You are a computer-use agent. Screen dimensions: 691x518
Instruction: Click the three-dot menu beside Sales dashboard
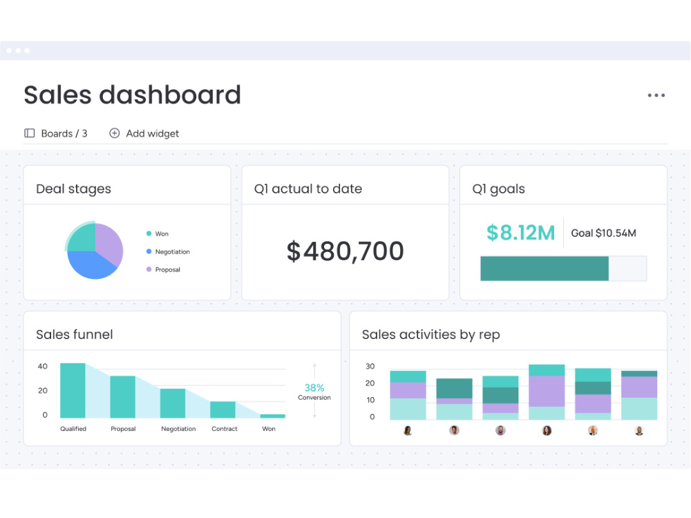[x=656, y=95]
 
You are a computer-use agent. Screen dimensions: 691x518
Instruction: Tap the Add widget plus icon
[x=115, y=133]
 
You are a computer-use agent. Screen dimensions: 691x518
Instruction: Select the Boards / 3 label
[x=64, y=133]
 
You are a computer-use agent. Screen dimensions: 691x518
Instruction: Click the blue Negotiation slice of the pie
[x=91, y=265]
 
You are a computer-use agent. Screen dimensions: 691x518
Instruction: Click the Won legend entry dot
[x=149, y=233]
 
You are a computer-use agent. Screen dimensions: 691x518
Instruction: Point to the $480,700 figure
[x=345, y=251]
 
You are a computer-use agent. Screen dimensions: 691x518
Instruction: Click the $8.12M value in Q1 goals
[x=520, y=233]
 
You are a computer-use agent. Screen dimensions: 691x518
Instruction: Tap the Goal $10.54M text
[x=604, y=233]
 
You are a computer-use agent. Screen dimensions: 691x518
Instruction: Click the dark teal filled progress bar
[x=545, y=268]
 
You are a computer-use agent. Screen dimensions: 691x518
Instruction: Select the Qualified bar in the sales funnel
[x=73, y=391]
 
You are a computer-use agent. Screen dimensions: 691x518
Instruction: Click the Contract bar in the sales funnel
[x=223, y=410]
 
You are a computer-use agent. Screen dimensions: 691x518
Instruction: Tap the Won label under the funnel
[x=269, y=429]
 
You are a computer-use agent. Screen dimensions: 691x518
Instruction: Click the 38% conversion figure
[x=314, y=387]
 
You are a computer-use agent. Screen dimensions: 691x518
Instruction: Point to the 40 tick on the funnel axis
[x=43, y=366]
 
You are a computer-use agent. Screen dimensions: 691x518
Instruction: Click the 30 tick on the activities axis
[x=370, y=366]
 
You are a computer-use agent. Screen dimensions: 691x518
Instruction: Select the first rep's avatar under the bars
[x=408, y=430]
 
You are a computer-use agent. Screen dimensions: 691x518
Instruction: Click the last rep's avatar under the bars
[x=639, y=430]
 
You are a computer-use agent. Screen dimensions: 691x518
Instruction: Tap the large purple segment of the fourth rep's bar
[x=547, y=391]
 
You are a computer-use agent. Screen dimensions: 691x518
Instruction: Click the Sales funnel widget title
[x=75, y=334]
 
